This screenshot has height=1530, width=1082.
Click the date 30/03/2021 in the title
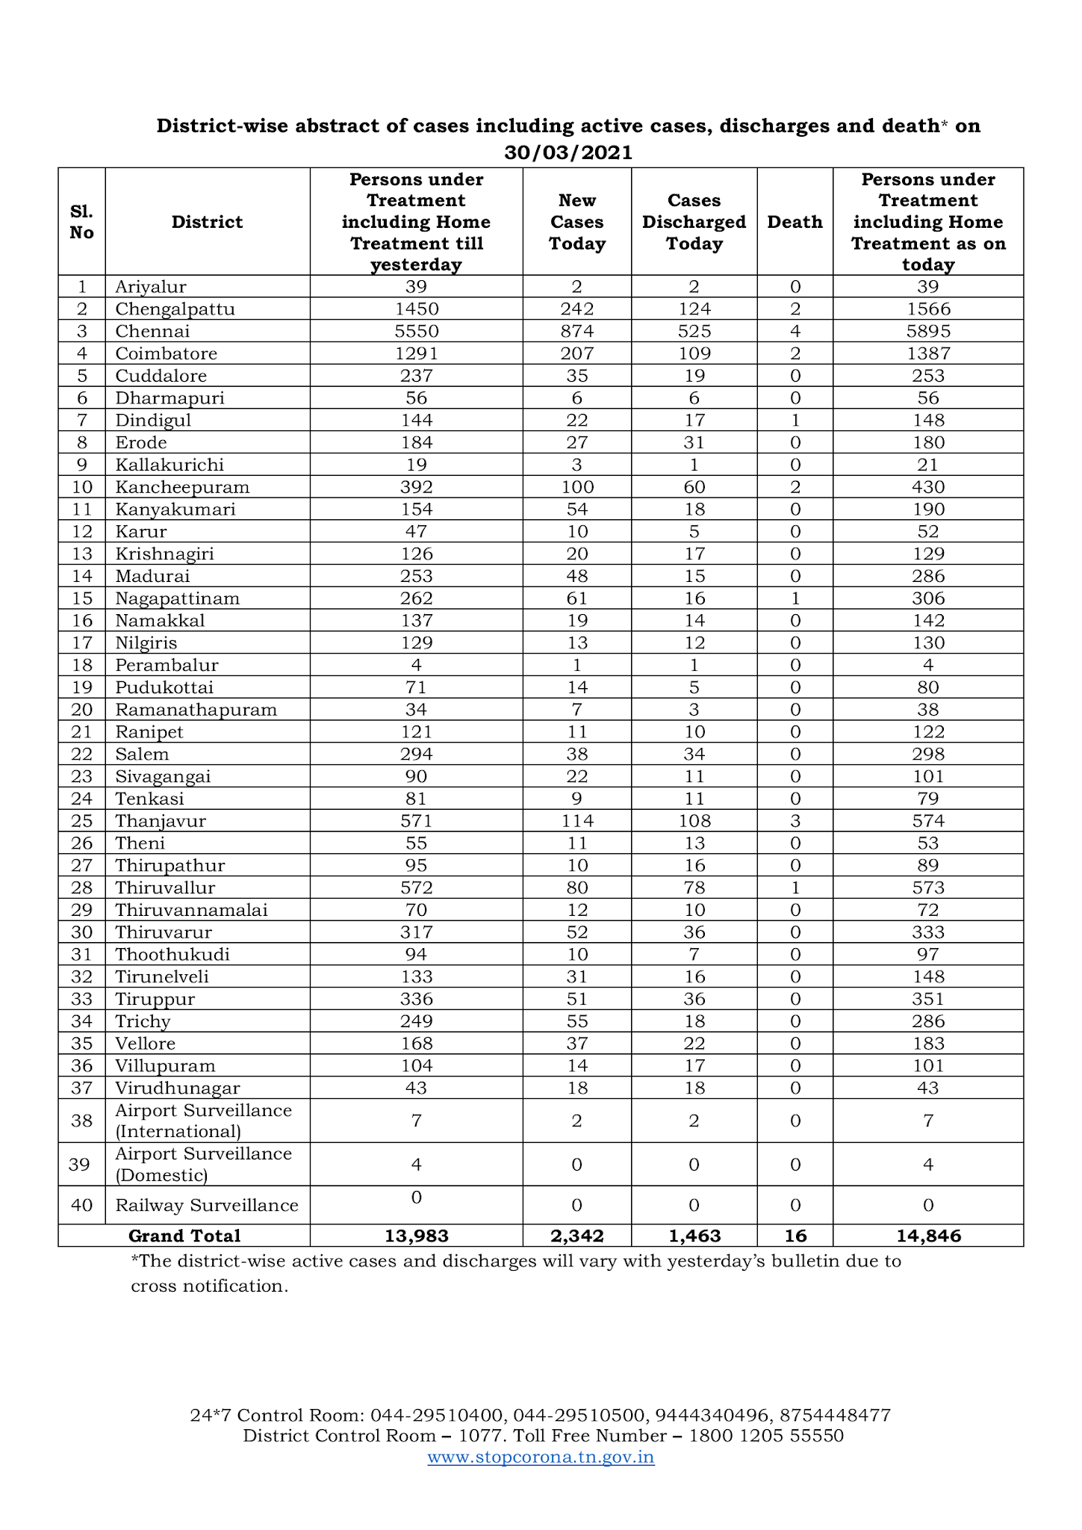[x=568, y=152]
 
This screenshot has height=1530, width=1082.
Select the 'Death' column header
[x=795, y=222]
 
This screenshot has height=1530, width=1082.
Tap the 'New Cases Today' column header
[x=576, y=222]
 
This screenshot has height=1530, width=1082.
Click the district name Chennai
[x=152, y=331]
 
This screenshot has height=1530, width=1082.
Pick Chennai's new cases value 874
[x=576, y=331]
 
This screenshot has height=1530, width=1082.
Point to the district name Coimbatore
[x=166, y=353]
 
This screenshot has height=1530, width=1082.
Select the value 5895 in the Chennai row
[x=927, y=331]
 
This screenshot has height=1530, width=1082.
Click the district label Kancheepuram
[x=182, y=487]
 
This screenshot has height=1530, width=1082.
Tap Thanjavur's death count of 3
[x=795, y=821]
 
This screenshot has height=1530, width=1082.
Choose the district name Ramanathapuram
[x=196, y=710]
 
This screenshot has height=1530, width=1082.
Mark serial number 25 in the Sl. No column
[x=81, y=821]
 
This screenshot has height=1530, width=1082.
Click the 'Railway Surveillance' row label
[x=207, y=1205]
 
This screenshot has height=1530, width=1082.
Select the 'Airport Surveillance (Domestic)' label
[x=203, y=1164]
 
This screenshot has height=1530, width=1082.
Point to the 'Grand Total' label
[x=184, y=1236]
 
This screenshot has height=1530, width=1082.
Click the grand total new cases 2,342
[x=576, y=1236]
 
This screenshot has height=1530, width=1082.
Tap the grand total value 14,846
[x=928, y=1236]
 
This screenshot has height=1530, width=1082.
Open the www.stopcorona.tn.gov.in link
[x=541, y=1457]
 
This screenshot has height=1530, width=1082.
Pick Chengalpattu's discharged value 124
[x=694, y=309]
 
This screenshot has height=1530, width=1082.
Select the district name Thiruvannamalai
[x=191, y=910]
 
